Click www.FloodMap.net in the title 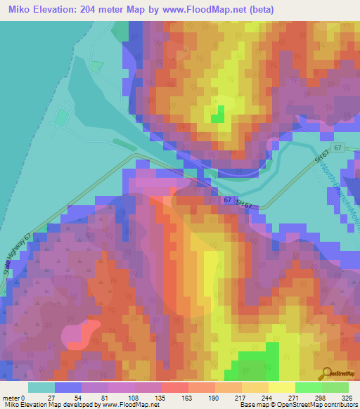(x=204, y=10)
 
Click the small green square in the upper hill (x=219, y=113)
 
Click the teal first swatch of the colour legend (x=41, y=387)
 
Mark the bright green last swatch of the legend (x=335, y=387)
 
